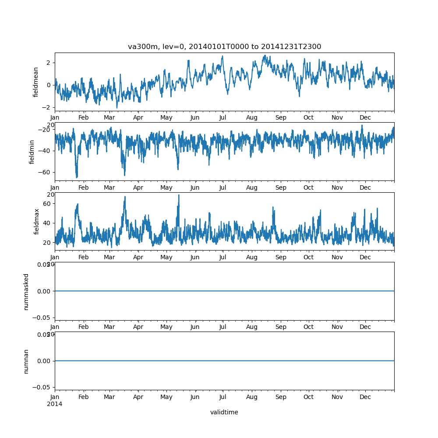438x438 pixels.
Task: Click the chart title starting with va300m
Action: coord(224,46)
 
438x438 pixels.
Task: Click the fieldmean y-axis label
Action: coord(36,82)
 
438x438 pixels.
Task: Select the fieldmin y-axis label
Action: coord(32,152)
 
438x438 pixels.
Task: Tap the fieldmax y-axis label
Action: coord(37,221)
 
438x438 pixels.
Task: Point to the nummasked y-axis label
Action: coord(26,291)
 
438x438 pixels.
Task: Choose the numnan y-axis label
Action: coord(26,361)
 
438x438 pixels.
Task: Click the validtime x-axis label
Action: coord(224,412)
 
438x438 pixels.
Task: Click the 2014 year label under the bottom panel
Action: coord(54,404)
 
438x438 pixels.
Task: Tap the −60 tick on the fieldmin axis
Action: coord(44,172)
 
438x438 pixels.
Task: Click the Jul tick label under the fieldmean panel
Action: coord(223,118)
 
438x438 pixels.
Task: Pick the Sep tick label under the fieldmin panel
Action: coord(281,187)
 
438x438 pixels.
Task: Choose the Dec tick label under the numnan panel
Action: coord(365,397)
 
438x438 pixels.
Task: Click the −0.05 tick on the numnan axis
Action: coord(42,387)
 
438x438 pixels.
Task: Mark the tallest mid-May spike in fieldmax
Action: coord(179,195)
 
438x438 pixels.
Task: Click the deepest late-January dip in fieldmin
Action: coord(77,177)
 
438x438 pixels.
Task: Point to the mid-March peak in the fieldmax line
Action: coord(125,197)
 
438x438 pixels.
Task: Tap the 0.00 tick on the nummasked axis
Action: coord(44,291)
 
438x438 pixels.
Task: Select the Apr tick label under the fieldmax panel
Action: coord(138,257)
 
